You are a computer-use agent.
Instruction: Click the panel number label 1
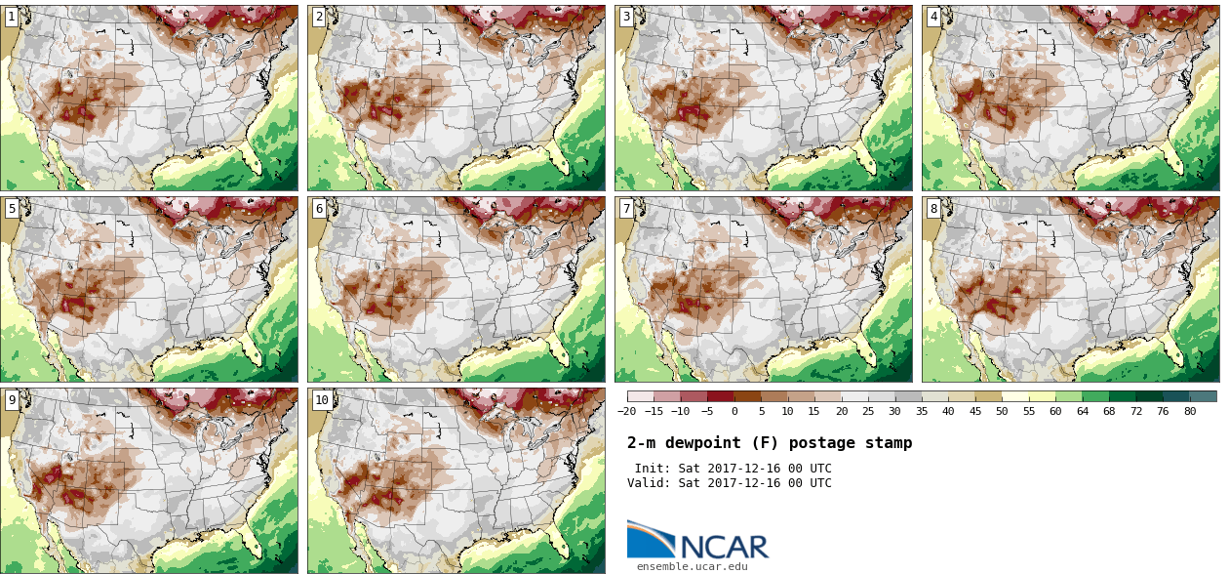[x=11, y=17]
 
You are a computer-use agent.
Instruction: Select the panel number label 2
[x=318, y=17]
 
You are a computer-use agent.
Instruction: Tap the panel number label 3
[x=625, y=17]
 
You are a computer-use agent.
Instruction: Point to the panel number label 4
[x=932, y=17]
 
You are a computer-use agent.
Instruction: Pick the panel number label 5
[x=11, y=208]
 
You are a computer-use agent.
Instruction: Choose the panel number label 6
[x=318, y=208]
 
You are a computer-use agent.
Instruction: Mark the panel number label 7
[x=625, y=208]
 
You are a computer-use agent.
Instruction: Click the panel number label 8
[x=932, y=208]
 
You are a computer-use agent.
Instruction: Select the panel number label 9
[x=11, y=399]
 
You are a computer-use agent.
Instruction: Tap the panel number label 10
[x=321, y=399]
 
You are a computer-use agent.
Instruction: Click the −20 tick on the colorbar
[x=626, y=411]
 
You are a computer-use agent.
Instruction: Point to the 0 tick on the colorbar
[x=733, y=411]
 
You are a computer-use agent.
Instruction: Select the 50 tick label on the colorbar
[x=1001, y=411]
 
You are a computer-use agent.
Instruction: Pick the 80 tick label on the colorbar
[x=1189, y=411]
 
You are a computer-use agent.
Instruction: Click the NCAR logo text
[x=723, y=546]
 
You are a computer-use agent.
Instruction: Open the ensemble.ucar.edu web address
[x=692, y=566]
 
